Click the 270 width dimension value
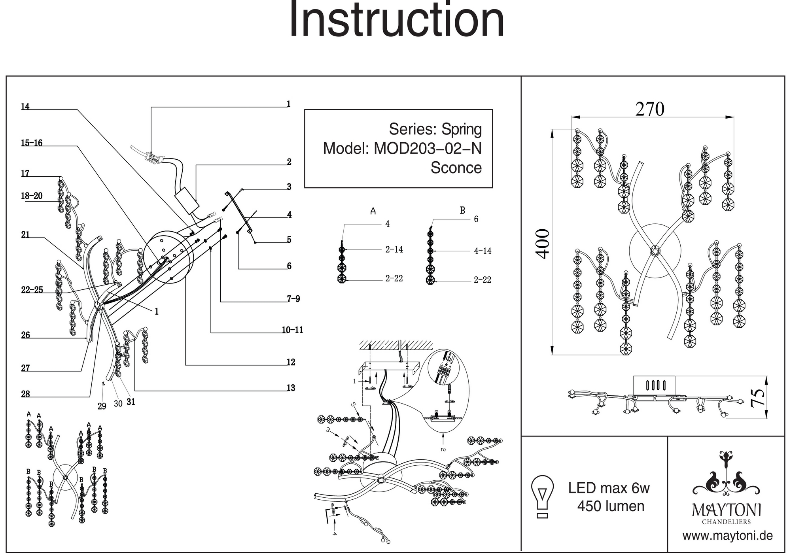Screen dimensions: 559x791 [x=650, y=109]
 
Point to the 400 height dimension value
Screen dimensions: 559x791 [x=543, y=244]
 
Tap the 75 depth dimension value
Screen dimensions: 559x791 [x=757, y=398]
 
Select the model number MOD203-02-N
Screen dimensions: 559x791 [x=428, y=149]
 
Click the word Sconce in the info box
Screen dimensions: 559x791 [x=456, y=168]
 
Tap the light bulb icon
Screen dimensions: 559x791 [x=543, y=497]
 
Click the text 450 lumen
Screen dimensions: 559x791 [x=611, y=506]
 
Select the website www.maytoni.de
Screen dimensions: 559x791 [x=727, y=536]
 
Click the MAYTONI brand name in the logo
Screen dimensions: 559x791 [x=727, y=510]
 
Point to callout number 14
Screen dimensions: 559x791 [x=25, y=107]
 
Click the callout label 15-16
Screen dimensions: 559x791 [x=32, y=143]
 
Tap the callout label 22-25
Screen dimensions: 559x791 [x=32, y=290]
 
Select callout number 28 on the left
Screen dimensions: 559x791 [x=25, y=394]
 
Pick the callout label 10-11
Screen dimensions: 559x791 [x=292, y=330]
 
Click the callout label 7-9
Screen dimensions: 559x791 [x=293, y=299]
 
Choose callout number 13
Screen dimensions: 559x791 [x=291, y=388]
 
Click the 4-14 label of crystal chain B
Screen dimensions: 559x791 [x=483, y=251]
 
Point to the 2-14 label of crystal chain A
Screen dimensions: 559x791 [x=394, y=249]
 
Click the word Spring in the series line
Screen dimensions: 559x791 [x=462, y=129]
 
